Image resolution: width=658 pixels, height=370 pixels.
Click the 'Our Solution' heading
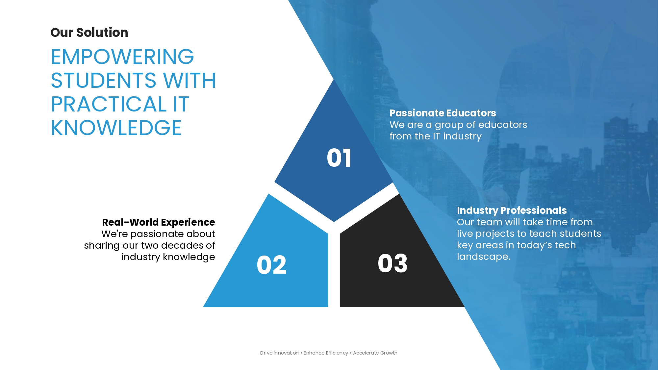pyautogui.click(x=89, y=33)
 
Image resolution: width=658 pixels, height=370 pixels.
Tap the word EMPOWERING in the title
pyautogui.click(x=122, y=57)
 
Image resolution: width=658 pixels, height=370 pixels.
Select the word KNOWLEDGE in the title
pyautogui.click(x=116, y=128)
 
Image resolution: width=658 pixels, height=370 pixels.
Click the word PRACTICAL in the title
pyautogui.click(x=109, y=104)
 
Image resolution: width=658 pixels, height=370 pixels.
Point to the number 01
pyautogui.click(x=339, y=158)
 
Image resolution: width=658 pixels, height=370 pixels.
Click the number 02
pyautogui.click(x=271, y=265)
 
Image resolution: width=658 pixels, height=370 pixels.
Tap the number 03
pyautogui.click(x=392, y=263)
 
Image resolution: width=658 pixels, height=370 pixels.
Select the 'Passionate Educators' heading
pyautogui.click(x=443, y=113)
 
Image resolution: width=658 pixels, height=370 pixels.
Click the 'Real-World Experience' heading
pyautogui.click(x=158, y=222)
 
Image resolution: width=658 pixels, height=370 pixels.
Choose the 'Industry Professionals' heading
pyautogui.click(x=512, y=210)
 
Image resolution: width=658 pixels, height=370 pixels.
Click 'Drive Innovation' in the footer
pyautogui.click(x=279, y=353)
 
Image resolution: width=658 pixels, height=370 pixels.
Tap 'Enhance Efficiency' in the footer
pyautogui.click(x=326, y=353)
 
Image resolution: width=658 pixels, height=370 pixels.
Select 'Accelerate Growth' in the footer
pyautogui.click(x=375, y=353)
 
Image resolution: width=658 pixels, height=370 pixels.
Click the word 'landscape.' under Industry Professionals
pyautogui.click(x=484, y=257)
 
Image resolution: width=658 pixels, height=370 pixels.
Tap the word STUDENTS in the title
pyautogui.click(x=103, y=80)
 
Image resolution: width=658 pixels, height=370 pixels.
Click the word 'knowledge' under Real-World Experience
pyautogui.click(x=189, y=257)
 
